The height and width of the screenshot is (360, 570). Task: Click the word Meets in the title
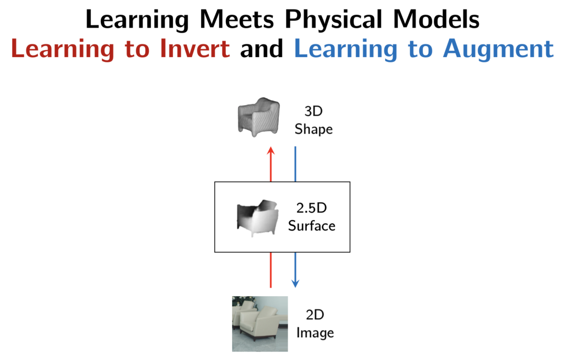click(236, 20)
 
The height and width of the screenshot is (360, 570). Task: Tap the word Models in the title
click(436, 20)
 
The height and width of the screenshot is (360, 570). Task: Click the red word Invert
click(195, 49)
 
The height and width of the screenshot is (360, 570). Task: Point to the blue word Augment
click(498, 50)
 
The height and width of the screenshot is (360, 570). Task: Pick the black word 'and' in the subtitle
click(261, 49)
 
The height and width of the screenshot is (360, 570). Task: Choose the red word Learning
click(62, 50)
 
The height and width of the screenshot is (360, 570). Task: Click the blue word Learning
click(345, 50)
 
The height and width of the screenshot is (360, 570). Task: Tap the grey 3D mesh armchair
click(259, 117)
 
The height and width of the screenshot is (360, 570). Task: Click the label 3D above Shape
click(313, 111)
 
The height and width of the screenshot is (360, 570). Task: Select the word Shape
click(313, 129)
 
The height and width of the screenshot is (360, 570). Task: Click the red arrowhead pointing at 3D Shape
click(270, 150)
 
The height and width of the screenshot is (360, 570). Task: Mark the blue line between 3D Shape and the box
click(295, 164)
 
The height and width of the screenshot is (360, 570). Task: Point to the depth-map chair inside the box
click(258, 218)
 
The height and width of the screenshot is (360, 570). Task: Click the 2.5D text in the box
click(311, 208)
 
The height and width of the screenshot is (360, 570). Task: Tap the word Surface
click(311, 226)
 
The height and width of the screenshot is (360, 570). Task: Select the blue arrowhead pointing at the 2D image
click(295, 283)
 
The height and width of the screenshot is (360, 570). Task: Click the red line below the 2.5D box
click(270, 270)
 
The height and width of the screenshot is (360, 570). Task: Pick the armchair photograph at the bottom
click(260, 324)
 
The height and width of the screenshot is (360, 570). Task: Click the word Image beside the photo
click(315, 333)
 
